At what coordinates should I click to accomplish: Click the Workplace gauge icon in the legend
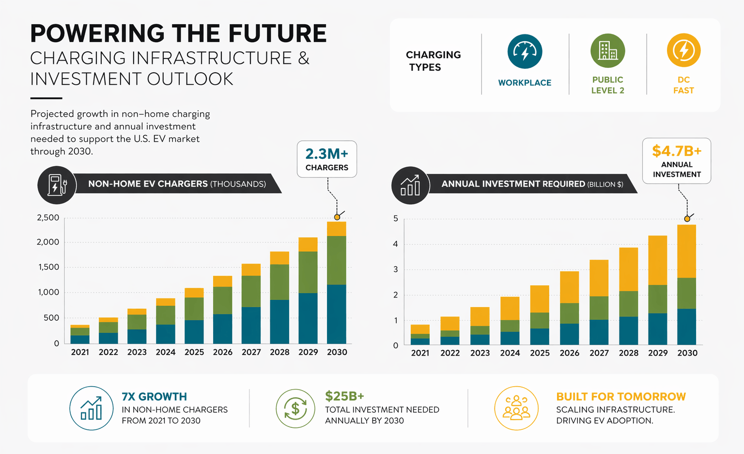coord(525,51)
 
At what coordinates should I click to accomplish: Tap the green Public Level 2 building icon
coord(607,50)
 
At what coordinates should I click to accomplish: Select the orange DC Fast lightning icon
coord(683,50)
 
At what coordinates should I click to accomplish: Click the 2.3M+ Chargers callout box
coord(327,159)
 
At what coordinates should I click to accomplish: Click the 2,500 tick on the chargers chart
coord(48,218)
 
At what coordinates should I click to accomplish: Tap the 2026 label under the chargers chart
coord(223,352)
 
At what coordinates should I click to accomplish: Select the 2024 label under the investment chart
coord(510,353)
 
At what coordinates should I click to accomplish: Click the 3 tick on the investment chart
coord(396,269)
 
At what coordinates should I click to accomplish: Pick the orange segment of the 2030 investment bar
coord(686,251)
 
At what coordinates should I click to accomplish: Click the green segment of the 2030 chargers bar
coord(337,260)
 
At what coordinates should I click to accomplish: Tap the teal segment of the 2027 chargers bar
coord(251,325)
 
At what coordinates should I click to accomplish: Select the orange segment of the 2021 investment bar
coord(420,329)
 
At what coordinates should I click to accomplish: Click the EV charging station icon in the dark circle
coord(57,185)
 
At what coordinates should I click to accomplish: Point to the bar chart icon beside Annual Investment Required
coord(410,185)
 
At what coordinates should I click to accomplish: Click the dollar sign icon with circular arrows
coord(295,408)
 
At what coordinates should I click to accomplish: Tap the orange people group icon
coord(516,408)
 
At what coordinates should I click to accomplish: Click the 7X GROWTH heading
coord(154,396)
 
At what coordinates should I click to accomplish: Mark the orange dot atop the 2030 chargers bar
coord(337,217)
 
